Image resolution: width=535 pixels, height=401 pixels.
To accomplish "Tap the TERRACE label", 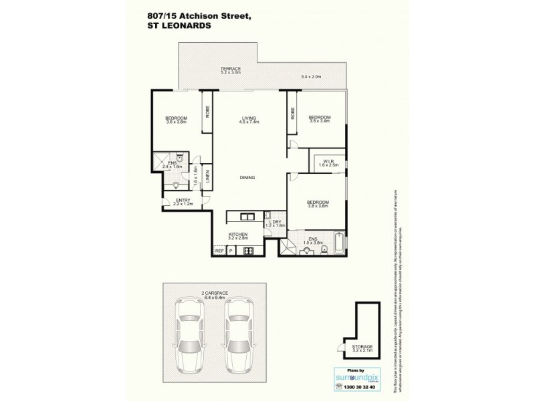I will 231,70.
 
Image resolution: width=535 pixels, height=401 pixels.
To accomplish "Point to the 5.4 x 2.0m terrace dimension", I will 312,77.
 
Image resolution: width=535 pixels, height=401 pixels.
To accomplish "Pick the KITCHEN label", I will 237,234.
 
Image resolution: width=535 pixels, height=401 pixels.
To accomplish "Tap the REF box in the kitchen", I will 219,251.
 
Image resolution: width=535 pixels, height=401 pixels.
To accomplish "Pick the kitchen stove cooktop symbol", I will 248,251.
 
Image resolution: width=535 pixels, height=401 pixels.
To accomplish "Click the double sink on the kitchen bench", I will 245,217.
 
